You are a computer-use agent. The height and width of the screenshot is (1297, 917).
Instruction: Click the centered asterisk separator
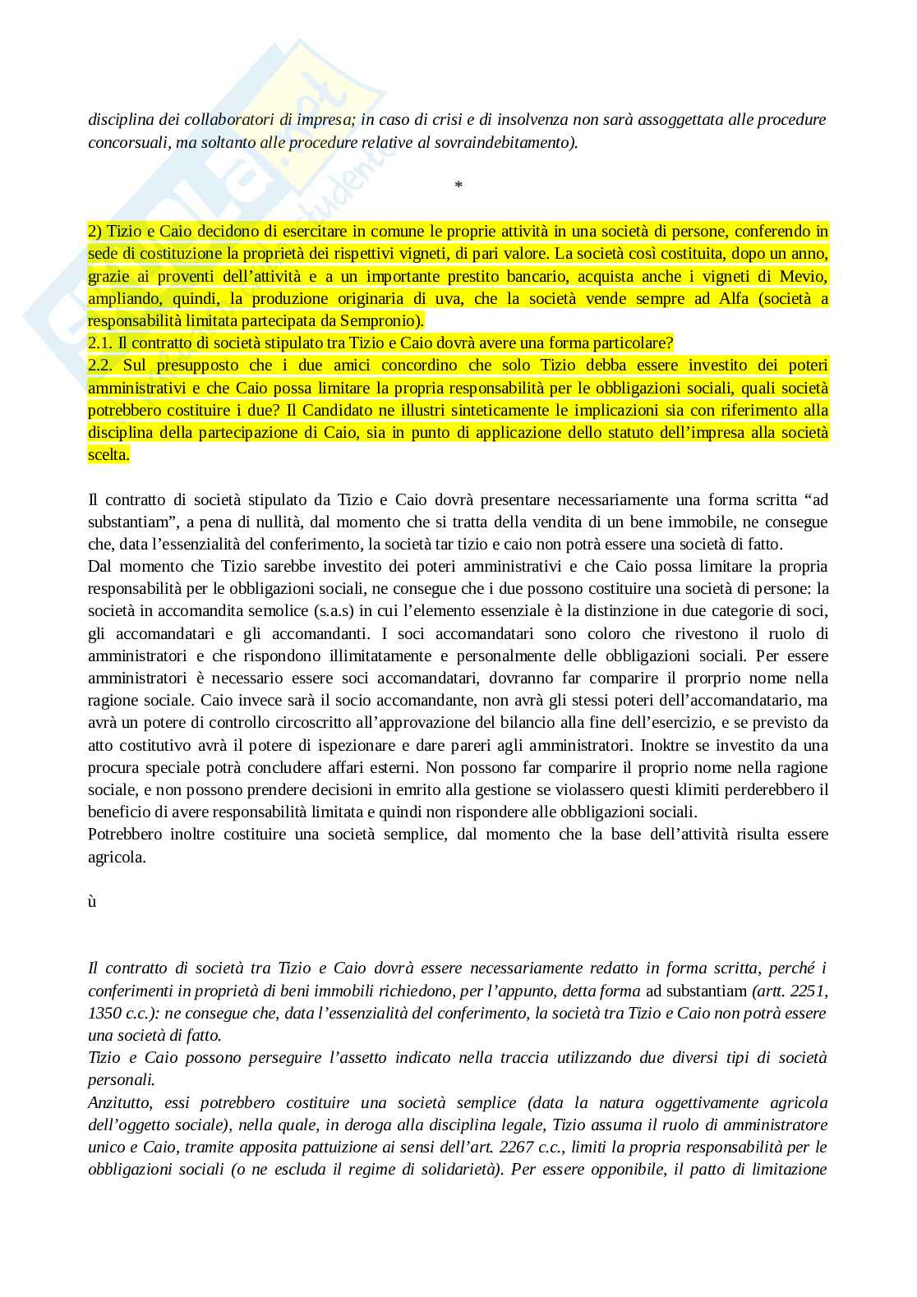pyautogui.click(x=458, y=186)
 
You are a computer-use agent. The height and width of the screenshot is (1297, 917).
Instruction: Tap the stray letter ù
pyautogui.click(x=92, y=902)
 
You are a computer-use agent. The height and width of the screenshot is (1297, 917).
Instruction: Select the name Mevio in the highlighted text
pyautogui.click(x=802, y=276)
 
